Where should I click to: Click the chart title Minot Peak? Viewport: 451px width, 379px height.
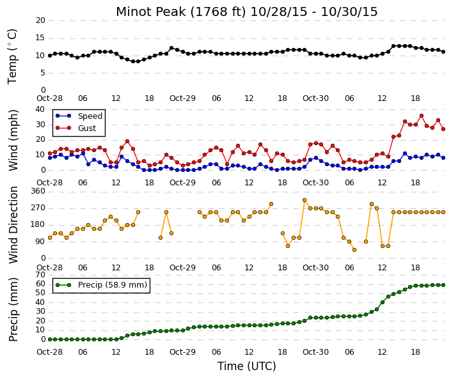tap(151, 12)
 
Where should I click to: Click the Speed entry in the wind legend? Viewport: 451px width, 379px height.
tap(79, 116)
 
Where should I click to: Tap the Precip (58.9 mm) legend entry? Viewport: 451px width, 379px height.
tap(101, 285)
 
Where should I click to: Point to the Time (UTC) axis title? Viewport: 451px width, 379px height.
tap(247, 366)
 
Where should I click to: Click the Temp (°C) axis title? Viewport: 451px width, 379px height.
tap(13, 57)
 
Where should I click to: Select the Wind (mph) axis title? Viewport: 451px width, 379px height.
tap(13, 140)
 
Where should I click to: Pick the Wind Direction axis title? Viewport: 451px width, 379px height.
tap(13, 225)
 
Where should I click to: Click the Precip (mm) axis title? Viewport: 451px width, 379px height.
tap(13, 309)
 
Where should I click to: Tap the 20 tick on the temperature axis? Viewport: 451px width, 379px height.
tap(40, 20)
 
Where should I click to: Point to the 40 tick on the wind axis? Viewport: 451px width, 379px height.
tap(40, 109)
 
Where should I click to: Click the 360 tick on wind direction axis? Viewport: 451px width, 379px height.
tap(38, 191)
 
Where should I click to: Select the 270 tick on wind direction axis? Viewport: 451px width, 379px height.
tap(38, 208)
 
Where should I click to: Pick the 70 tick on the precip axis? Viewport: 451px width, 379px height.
tap(40, 275)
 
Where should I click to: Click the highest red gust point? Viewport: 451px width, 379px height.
tap(422, 116)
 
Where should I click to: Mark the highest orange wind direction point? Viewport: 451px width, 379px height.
tap(305, 200)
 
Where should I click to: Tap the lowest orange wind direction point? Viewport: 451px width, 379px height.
tap(354, 250)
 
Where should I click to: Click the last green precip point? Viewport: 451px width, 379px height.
tap(443, 285)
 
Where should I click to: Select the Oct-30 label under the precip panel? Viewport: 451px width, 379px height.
tap(315, 352)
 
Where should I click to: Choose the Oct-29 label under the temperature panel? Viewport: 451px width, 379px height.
tap(183, 98)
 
